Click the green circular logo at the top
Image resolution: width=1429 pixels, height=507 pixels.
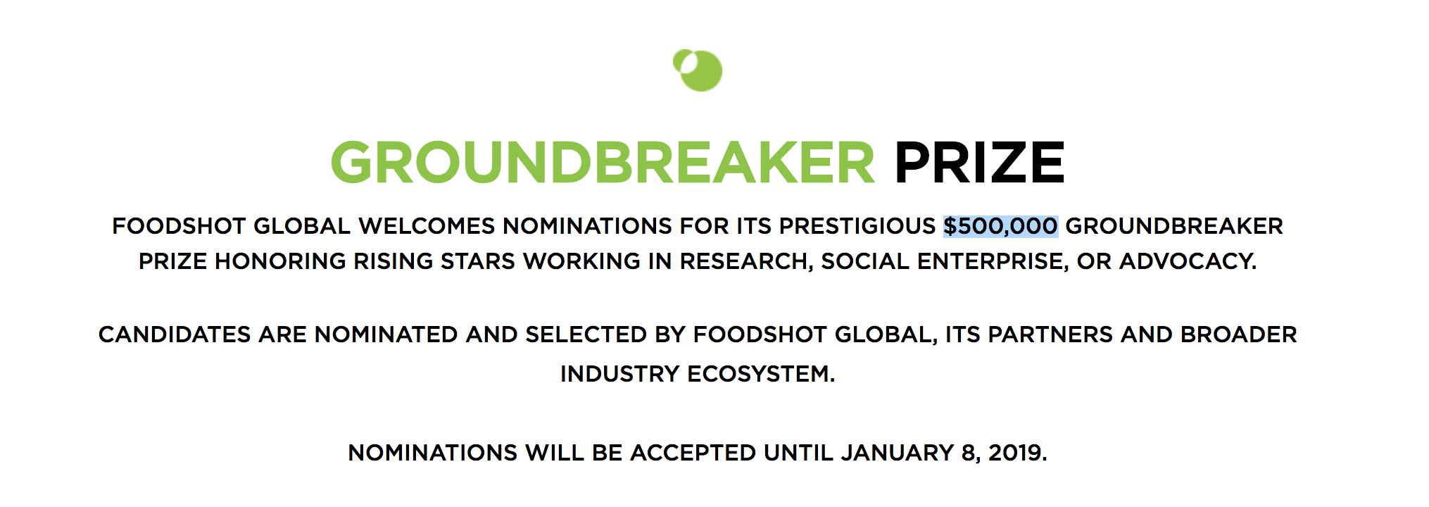(x=698, y=70)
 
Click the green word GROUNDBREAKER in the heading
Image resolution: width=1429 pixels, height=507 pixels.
(x=603, y=163)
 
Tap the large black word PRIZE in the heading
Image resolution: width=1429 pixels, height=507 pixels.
(x=979, y=163)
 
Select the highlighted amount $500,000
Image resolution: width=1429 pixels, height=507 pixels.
(x=1000, y=226)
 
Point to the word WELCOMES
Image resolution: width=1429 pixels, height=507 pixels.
(x=427, y=226)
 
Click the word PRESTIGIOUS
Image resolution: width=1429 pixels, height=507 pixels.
(x=857, y=226)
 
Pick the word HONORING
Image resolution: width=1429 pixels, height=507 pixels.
(x=280, y=261)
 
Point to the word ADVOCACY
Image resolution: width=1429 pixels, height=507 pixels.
(x=1188, y=261)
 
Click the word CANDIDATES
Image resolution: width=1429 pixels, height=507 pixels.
(x=175, y=334)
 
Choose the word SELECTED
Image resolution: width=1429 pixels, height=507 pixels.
(x=586, y=334)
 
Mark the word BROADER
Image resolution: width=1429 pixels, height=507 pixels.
(x=1239, y=334)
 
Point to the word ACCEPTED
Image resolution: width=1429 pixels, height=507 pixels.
(x=693, y=453)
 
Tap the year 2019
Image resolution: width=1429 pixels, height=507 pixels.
(x=1017, y=453)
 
